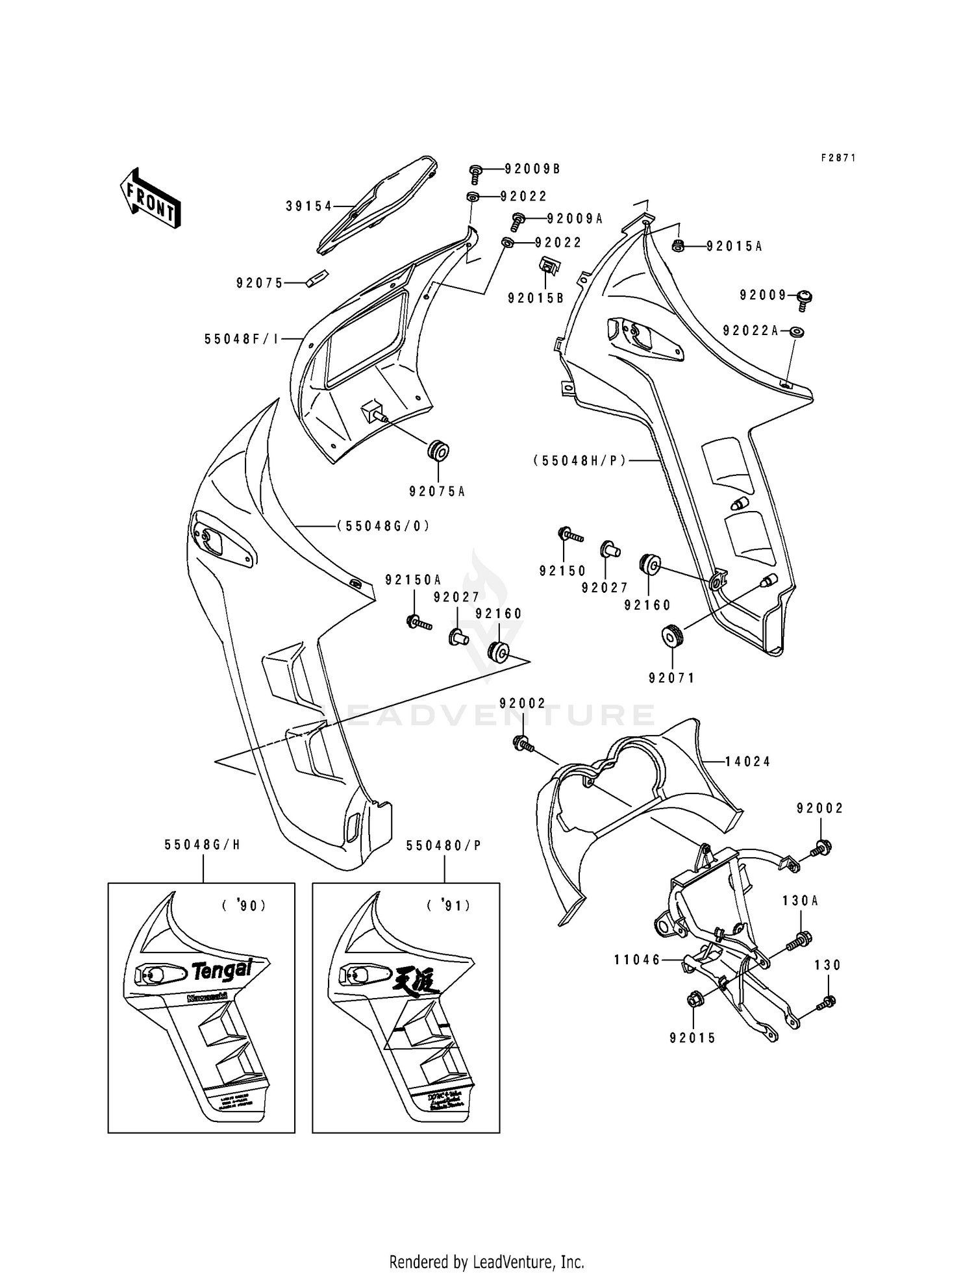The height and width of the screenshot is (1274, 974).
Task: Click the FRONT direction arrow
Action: pyautogui.click(x=150, y=197)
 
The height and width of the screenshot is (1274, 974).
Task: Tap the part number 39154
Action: pyautogui.click(x=308, y=206)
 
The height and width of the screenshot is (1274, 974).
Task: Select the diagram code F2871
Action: pyautogui.click(x=838, y=158)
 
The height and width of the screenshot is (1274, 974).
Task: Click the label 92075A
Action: pyautogui.click(x=437, y=492)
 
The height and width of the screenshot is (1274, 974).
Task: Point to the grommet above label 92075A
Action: pyautogui.click(x=438, y=450)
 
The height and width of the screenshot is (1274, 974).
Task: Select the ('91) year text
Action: pyautogui.click(x=449, y=905)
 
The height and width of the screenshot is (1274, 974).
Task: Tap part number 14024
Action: pyautogui.click(x=747, y=762)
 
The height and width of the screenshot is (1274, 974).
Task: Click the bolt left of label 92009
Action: pyautogui.click(x=805, y=298)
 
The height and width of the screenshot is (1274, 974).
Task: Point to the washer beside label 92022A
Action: pyautogui.click(x=797, y=332)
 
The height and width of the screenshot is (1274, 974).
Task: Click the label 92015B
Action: pyautogui.click(x=536, y=298)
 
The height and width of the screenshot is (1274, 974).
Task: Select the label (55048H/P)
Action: pyautogui.click(x=580, y=460)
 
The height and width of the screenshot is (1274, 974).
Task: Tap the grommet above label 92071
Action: pyautogui.click(x=671, y=635)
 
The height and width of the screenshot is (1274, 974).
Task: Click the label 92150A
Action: pyautogui.click(x=412, y=580)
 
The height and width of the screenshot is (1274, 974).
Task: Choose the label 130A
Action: pyautogui.click(x=800, y=901)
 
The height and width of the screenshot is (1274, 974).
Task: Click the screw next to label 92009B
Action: pyautogui.click(x=475, y=173)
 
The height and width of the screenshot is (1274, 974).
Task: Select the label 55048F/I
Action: pyautogui.click(x=241, y=339)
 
